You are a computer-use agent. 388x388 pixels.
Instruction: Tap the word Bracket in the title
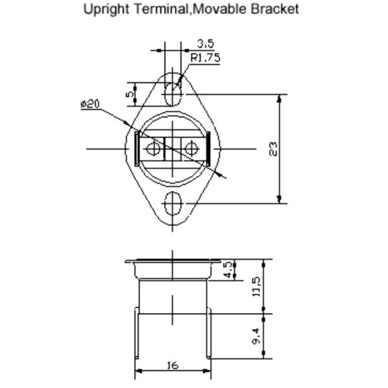[x=276, y=10]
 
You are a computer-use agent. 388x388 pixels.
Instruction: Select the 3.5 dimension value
[x=206, y=44]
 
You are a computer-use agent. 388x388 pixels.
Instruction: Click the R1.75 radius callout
[x=205, y=58]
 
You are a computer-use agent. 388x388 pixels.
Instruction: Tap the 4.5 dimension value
[x=228, y=270]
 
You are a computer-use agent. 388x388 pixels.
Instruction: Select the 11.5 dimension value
[x=256, y=286]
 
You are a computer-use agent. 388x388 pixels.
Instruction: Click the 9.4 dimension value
[x=256, y=335]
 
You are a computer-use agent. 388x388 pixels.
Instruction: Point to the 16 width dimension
[x=172, y=365]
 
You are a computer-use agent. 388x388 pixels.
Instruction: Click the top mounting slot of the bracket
[x=172, y=94]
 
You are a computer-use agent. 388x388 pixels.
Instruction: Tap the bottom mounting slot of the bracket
[x=172, y=203]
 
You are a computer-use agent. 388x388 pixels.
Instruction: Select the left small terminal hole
[x=153, y=149]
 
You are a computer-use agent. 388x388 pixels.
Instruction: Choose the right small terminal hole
[x=191, y=149]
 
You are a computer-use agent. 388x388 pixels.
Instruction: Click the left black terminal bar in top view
[x=136, y=149]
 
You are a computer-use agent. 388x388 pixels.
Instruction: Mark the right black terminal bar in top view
[x=208, y=149]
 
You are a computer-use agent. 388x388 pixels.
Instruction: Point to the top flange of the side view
[x=172, y=262]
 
